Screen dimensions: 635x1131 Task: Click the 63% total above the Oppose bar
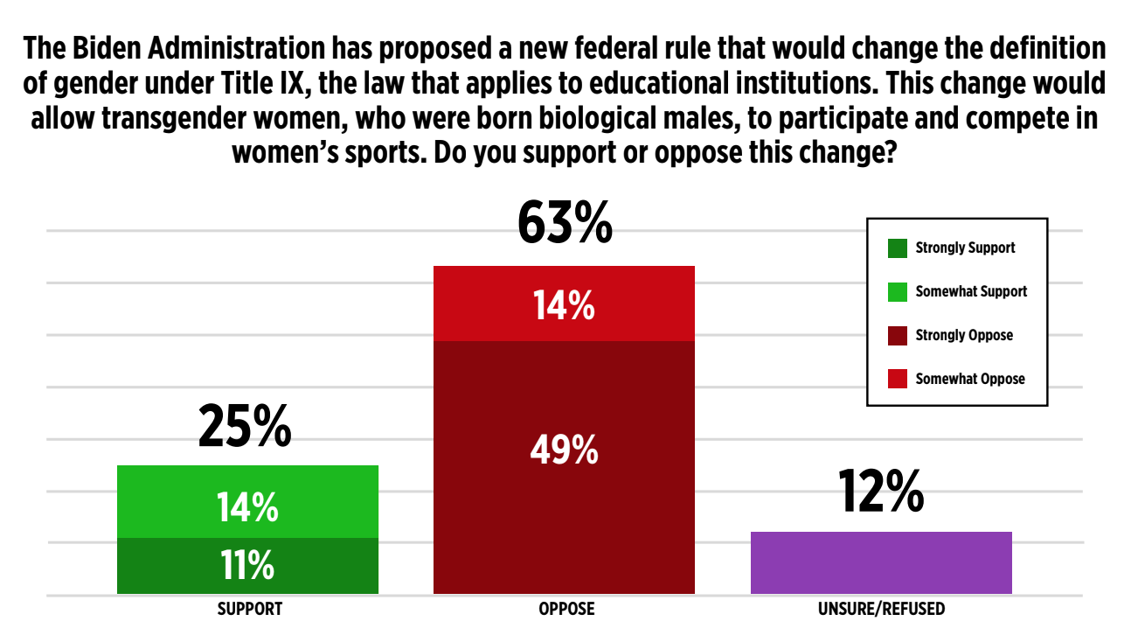pos(564,224)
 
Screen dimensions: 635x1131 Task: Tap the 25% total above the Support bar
pos(244,426)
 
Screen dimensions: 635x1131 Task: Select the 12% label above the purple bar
pos(881,492)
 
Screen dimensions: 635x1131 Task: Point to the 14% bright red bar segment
pos(564,304)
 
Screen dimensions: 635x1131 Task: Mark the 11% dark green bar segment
pos(247,566)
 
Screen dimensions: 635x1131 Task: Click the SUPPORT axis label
pos(250,609)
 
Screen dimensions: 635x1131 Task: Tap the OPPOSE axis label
pos(566,609)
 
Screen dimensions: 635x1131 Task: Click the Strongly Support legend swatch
pos(898,248)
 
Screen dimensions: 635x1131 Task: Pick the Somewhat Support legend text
pos(971,291)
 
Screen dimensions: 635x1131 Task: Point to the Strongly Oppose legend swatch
pos(898,335)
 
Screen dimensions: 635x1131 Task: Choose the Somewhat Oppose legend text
pos(970,379)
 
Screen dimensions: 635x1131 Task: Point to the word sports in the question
pos(382,153)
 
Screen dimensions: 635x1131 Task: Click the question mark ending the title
pos(892,153)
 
